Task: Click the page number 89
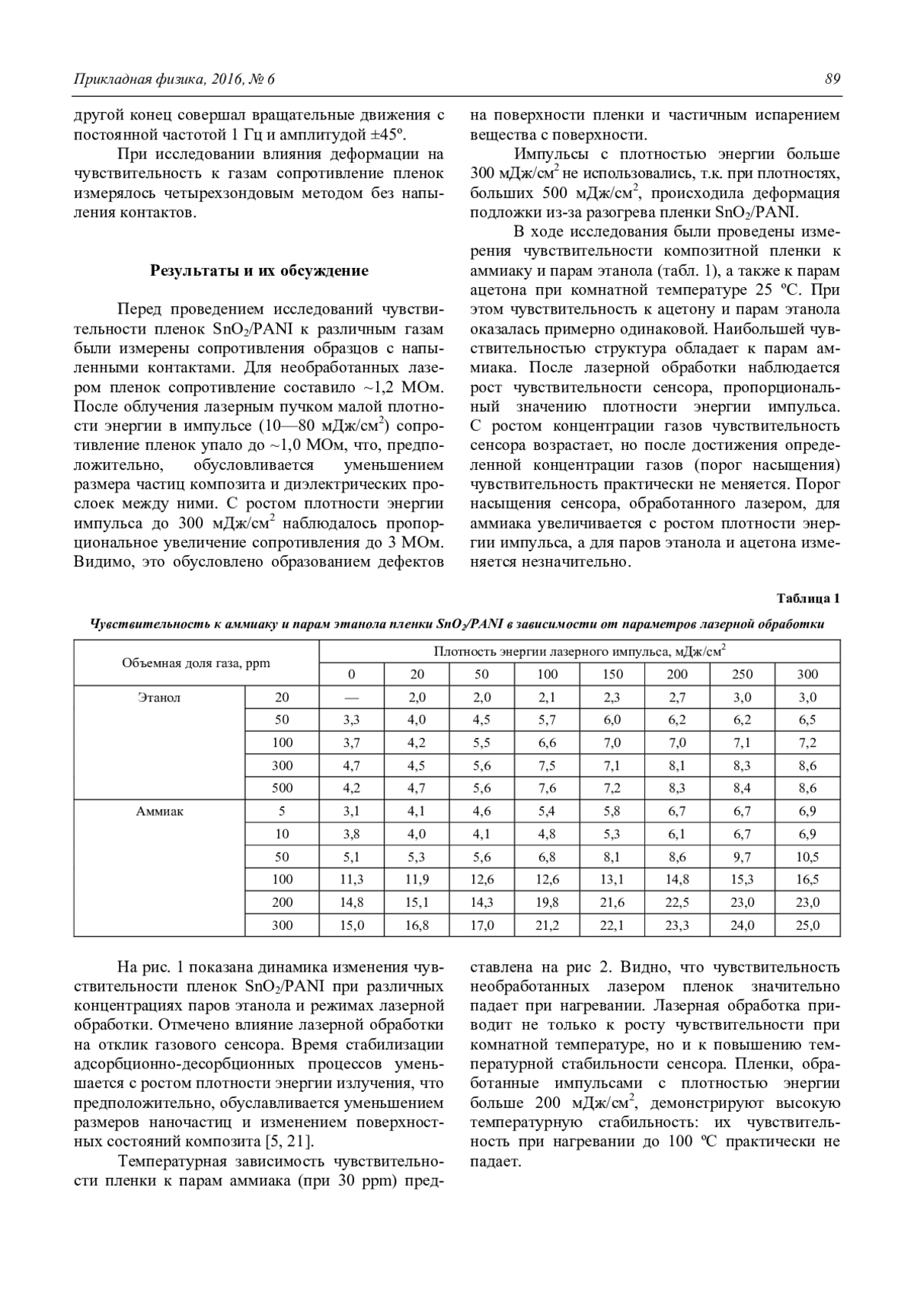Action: coord(832,78)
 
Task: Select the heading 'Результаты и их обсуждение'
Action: coord(259,270)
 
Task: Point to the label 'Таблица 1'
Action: coord(808,598)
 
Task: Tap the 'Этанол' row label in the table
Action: coord(159,697)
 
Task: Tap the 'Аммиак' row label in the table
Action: coord(159,811)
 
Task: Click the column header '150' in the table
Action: coord(612,674)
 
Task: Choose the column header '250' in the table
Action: coord(742,674)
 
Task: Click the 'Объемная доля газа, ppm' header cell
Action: coord(196,662)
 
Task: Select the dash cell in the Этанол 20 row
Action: coord(351,697)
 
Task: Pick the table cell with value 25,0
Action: coord(807,925)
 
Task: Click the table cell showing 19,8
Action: coord(547,902)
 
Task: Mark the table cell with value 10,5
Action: coord(807,857)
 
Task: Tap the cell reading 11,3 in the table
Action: coord(351,880)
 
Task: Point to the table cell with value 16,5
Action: coord(807,880)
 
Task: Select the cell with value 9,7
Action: coord(742,857)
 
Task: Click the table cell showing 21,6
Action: coord(612,902)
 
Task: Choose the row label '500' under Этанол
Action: coord(282,788)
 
